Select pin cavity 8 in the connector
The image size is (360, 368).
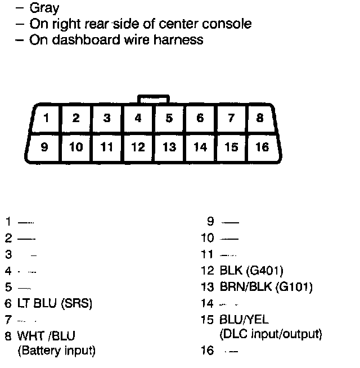[259, 119]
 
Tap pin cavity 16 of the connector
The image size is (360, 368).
[262, 147]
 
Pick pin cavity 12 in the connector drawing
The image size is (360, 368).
[138, 147]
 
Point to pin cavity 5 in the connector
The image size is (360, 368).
[169, 119]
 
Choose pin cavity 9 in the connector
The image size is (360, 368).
[44, 147]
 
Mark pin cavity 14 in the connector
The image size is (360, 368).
[200, 147]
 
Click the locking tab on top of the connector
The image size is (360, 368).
[153, 99]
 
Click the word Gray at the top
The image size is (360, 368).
[44, 8]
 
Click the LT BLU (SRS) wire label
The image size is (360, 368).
[55, 303]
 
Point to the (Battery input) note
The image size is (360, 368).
[57, 351]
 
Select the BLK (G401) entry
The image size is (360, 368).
[251, 271]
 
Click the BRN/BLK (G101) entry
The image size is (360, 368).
[265, 287]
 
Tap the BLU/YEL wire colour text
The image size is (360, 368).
[244, 320]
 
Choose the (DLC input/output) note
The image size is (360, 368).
[271, 334]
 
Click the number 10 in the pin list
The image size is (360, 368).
[208, 238]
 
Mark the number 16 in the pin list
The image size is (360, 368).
[208, 351]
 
